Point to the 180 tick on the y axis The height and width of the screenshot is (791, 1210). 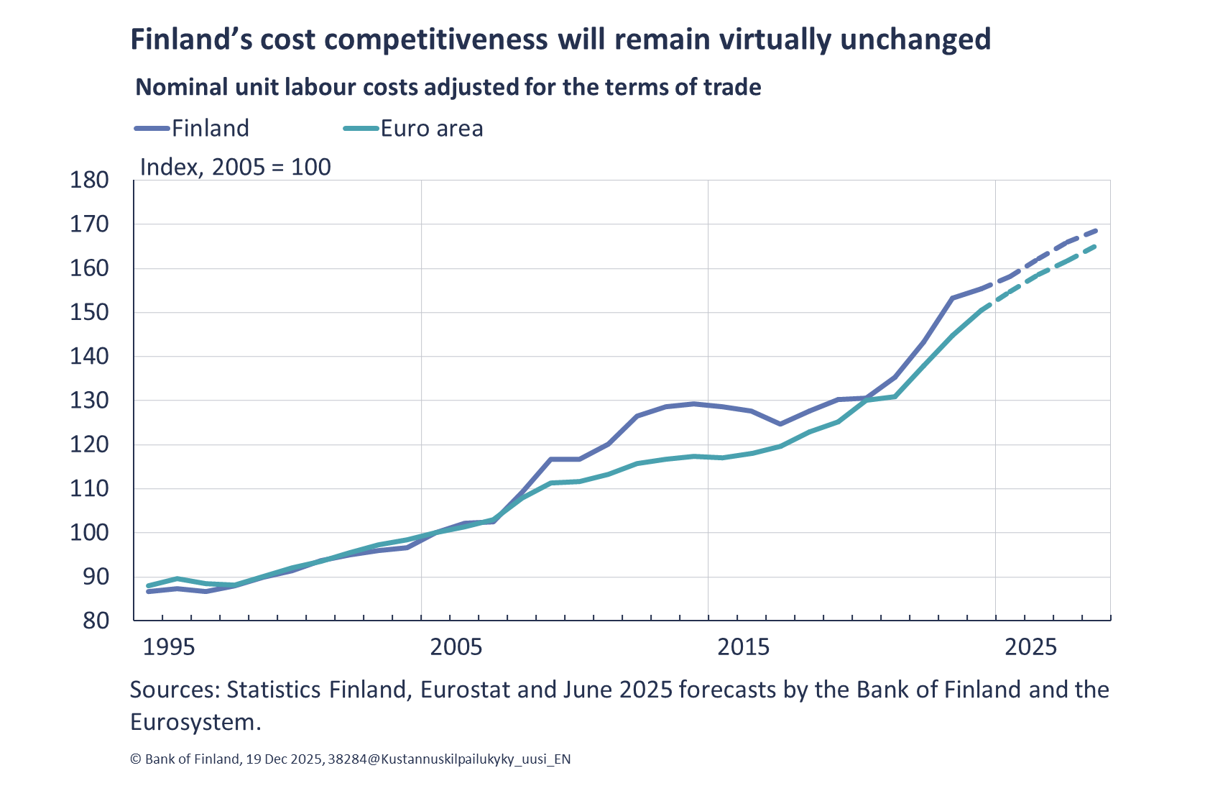89,180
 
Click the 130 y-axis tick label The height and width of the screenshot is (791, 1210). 89,401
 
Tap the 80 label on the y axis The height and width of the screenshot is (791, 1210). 96,621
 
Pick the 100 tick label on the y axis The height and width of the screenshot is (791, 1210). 89,533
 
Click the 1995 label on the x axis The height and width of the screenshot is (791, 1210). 168,646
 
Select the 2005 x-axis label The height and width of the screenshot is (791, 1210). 456,646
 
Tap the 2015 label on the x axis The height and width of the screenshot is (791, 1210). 743,646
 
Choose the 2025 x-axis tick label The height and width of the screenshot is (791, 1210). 1030,646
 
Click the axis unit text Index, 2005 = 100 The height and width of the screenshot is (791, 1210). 235,167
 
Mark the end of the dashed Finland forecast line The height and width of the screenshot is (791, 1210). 1096,231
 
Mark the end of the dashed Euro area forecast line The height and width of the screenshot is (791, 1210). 1096,246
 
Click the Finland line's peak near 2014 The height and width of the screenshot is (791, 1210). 693,404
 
